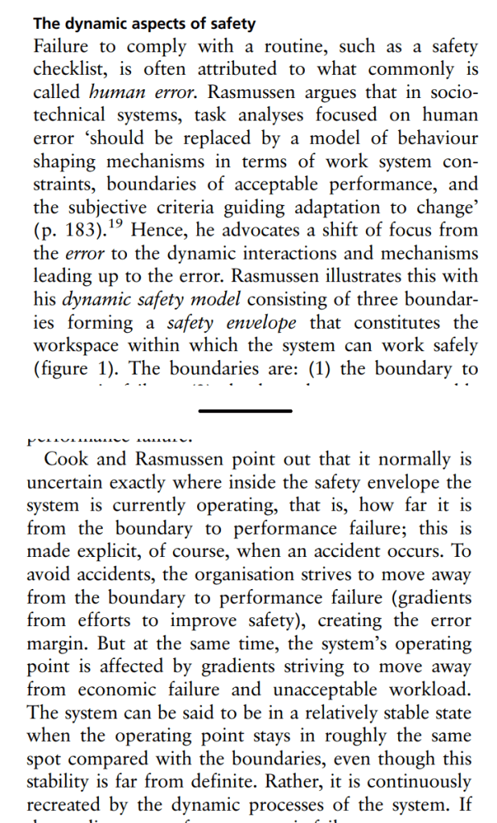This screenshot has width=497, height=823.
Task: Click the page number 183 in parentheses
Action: click(80, 230)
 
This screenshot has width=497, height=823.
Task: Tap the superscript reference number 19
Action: click(117, 223)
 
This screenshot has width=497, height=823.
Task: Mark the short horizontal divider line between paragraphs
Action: click(245, 411)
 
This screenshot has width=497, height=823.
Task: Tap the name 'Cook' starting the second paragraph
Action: click(66, 461)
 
